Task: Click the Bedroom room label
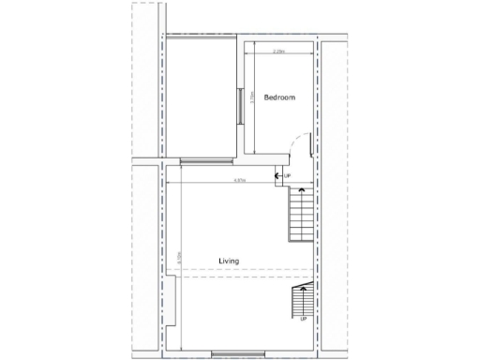pos(279,97)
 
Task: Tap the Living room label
pos(229,261)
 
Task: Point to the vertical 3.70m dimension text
pos(256,97)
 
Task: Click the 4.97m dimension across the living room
pos(240,181)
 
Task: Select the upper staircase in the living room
pos(302,215)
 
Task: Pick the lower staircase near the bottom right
pos(303,299)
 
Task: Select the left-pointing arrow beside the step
pos(277,175)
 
